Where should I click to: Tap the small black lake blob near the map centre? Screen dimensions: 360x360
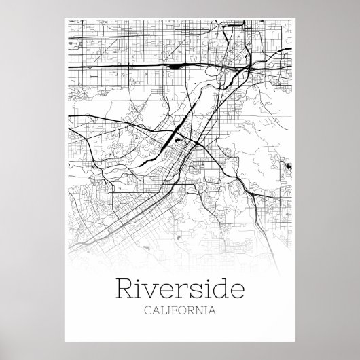[177, 140]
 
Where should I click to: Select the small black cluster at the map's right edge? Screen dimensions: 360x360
[289, 166]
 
